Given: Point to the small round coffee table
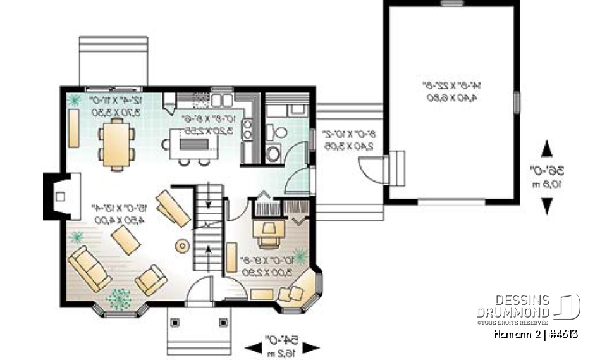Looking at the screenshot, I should [183, 245].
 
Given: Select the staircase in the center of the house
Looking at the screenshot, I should [209, 231].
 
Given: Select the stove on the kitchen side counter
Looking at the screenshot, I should [248, 130].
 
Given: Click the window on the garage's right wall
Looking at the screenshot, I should [517, 101].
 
